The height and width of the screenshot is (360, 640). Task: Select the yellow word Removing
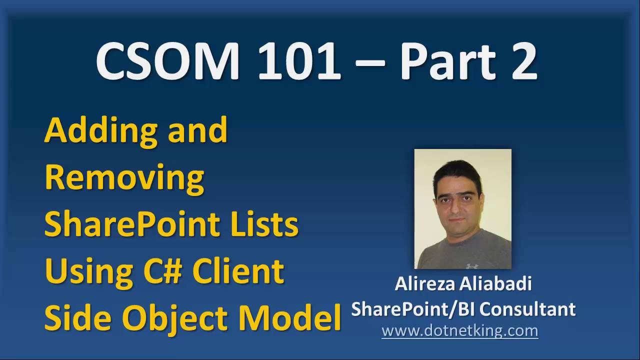124,177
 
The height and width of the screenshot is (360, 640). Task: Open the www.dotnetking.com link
459,330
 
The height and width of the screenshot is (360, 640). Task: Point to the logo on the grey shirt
470,265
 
